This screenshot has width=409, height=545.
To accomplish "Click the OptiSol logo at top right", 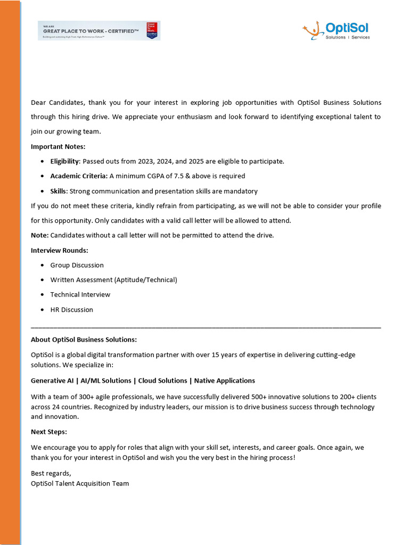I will click(336, 30).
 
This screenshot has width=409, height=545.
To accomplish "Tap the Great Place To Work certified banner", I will click(99, 31).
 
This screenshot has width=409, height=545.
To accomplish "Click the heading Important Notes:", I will click(58, 146).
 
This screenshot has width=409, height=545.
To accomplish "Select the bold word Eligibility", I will click(65, 161).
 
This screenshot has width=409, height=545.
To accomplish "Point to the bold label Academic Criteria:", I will click(79, 176).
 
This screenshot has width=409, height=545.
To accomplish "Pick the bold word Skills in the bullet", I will click(59, 191).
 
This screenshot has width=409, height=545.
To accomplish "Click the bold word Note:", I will click(39, 235).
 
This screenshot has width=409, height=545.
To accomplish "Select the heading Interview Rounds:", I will click(60, 250).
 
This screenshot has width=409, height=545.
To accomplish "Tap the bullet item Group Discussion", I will click(77, 265).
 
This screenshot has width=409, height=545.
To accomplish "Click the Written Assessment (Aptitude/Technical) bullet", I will click(113, 280).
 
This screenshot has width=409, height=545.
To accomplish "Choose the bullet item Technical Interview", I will click(80, 295).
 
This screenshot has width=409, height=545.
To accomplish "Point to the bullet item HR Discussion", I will click(71, 310).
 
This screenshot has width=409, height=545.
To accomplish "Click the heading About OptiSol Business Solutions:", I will click(84, 340).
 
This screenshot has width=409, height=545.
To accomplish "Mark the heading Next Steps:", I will click(49, 432).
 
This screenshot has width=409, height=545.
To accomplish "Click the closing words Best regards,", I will click(51, 474).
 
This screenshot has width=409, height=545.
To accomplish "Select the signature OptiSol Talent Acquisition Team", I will click(80, 484).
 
